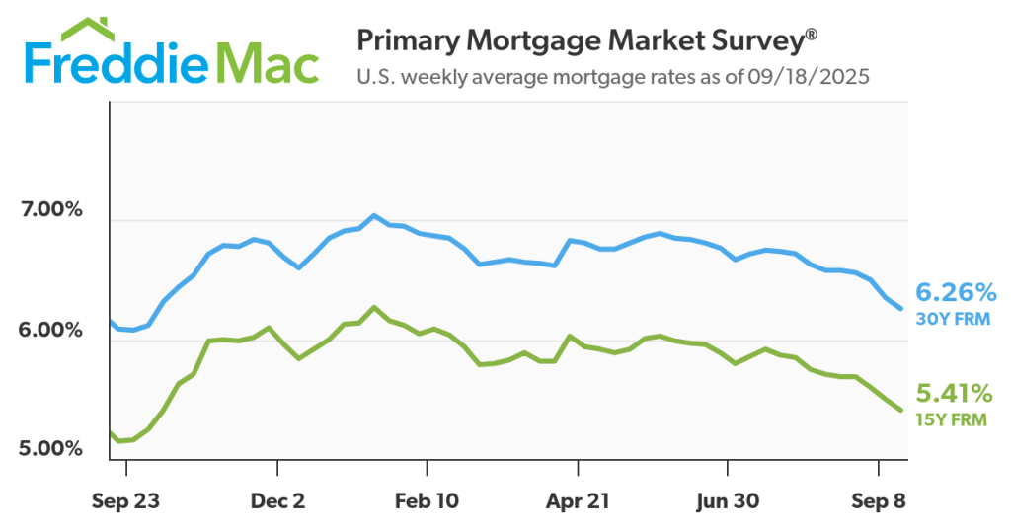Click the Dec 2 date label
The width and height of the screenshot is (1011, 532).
[x=278, y=501]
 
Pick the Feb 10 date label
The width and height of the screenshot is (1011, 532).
[x=427, y=501]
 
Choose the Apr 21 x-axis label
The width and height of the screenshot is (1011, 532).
[x=578, y=501]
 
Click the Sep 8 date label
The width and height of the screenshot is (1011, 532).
[x=878, y=501]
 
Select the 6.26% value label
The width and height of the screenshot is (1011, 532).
[x=956, y=293]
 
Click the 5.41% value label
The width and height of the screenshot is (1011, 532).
[x=956, y=395]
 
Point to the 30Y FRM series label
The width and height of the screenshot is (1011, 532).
[x=954, y=319]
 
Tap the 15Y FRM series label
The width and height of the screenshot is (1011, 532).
[x=954, y=420]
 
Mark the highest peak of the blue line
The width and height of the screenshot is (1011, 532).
[x=373, y=215]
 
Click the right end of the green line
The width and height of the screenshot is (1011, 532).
[x=901, y=410]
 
